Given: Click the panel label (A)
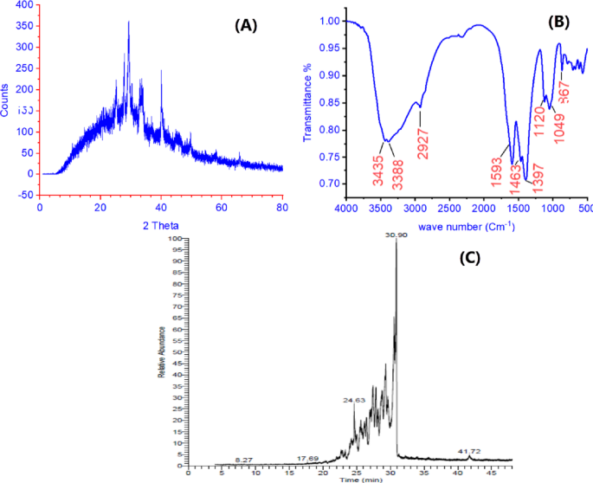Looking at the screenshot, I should tap(247, 26).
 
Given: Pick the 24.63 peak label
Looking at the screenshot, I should tap(355, 401).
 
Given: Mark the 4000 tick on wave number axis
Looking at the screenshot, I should tap(347, 209).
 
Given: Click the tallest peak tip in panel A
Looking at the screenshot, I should tap(129, 23).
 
